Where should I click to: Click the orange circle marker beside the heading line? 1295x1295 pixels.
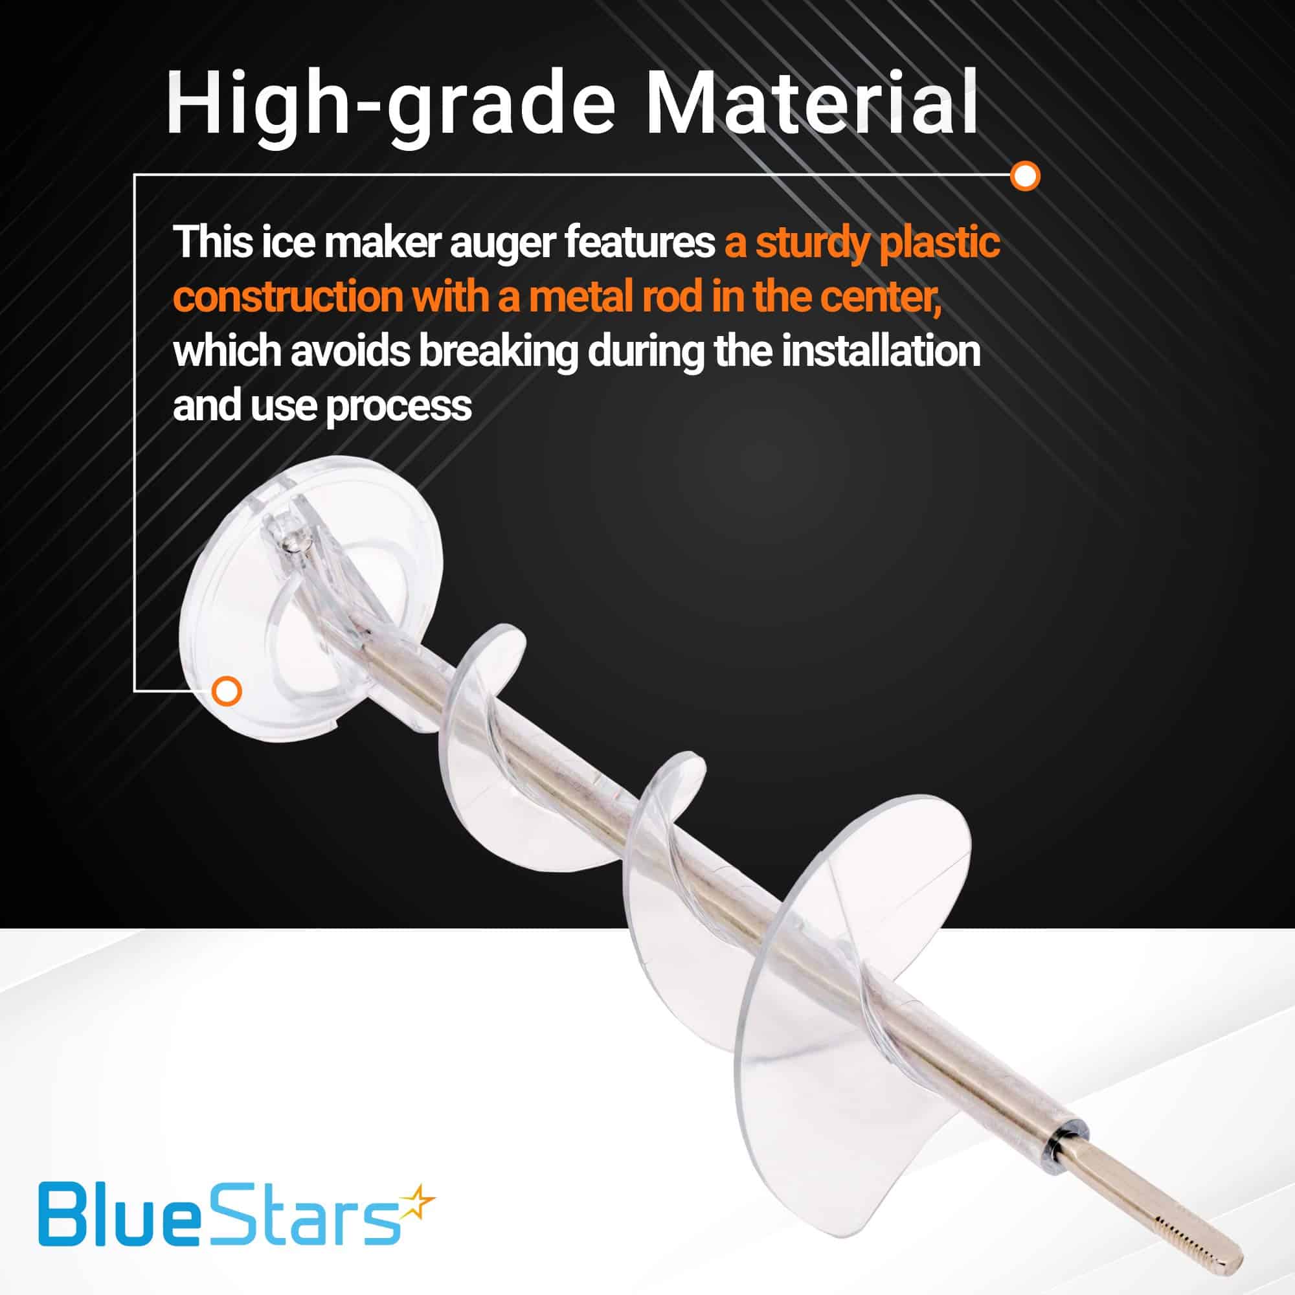point(1024,175)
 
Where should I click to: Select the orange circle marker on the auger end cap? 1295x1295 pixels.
point(226,690)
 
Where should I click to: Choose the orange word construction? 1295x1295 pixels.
point(287,297)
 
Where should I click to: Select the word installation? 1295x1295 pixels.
point(881,350)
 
